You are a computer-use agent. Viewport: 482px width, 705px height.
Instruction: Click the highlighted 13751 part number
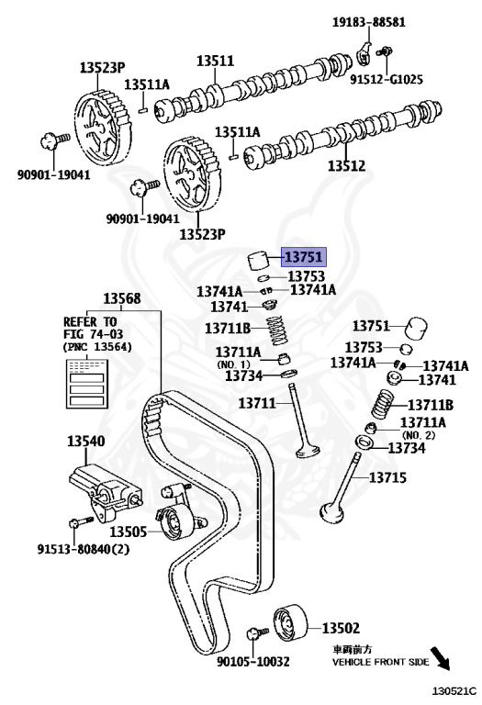(x=304, y=257)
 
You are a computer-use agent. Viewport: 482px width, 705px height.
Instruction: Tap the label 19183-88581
(x=369, y=22)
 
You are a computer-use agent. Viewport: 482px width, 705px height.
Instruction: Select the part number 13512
(x=346, y=166)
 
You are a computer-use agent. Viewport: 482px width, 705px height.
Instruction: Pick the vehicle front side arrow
(x=440, y=659)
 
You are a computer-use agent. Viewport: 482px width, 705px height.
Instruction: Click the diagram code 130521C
(x=454, y=691)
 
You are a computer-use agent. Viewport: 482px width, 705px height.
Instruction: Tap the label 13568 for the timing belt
(x=122, y=298)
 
